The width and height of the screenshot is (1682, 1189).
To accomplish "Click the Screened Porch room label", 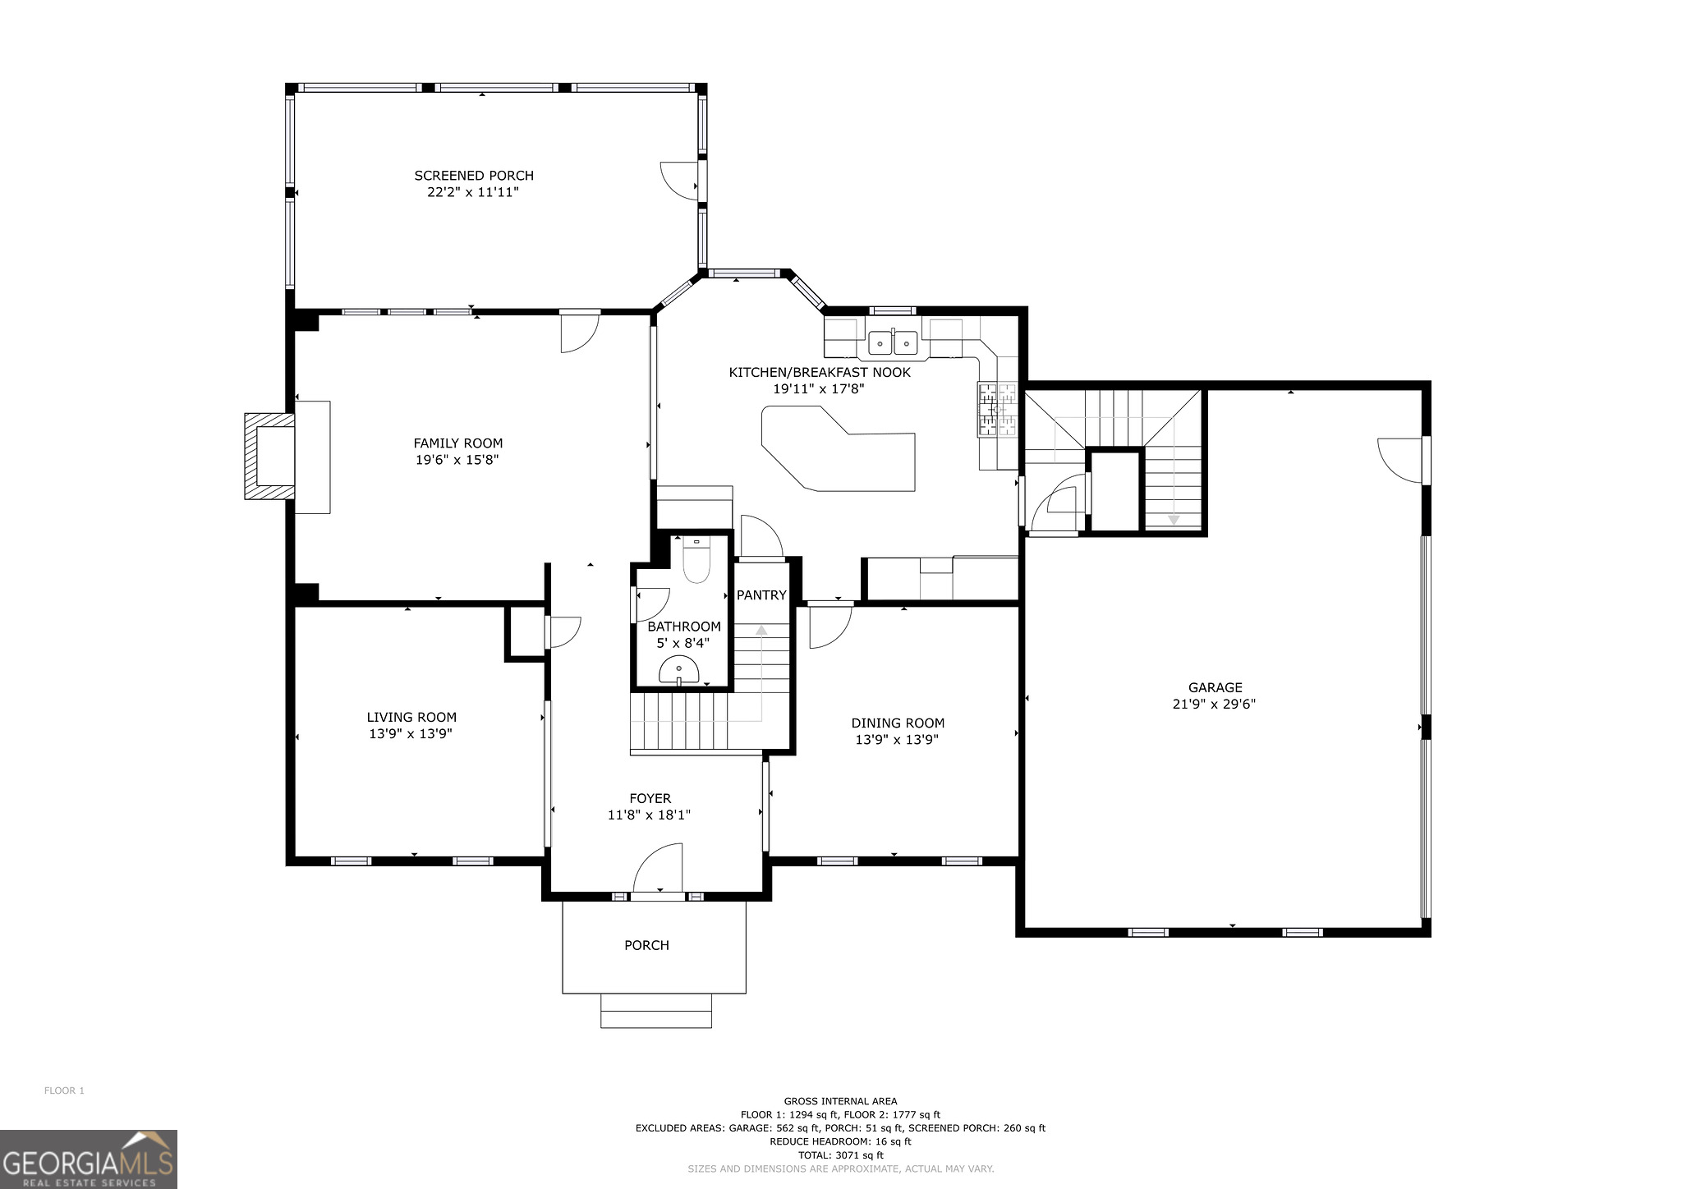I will pos(474,176).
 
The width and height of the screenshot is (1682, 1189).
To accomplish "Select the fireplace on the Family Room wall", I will pos(270,457).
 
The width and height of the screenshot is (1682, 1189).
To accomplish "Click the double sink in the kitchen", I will pos(893,341).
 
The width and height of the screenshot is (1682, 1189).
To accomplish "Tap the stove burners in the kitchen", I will pos(996,409).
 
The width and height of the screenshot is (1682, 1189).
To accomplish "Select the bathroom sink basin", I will pos(679,671).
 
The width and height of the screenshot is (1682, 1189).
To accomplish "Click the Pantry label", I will pos(761,595).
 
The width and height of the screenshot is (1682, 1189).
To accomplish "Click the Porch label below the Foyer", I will pos(646,946).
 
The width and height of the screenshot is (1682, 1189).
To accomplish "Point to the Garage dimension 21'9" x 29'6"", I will pos(1214,705).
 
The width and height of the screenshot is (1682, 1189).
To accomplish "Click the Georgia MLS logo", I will pos(89,1159).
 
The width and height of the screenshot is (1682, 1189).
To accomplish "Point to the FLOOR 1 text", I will pos(64,1091).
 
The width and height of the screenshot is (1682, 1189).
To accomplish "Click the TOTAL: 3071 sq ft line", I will pos(840,1155).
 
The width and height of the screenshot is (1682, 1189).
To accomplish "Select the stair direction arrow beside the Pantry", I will pos(761,631).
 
